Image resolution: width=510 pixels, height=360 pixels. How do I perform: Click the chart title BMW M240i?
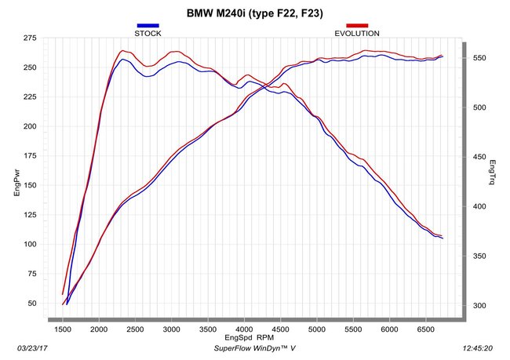[x=217, y=13]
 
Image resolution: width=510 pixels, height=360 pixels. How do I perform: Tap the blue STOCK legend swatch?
[x=148, y=25]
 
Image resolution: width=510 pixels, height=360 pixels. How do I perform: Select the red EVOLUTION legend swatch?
[x=357, y=25]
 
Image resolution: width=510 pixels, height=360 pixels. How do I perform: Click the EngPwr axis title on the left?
[x=17, y=183]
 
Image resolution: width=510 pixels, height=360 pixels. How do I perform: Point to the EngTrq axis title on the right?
[x=493, y=172]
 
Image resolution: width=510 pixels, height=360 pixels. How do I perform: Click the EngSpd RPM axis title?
[x=250, y=337]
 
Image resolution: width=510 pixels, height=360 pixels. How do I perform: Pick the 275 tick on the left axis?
[x=30, y=38]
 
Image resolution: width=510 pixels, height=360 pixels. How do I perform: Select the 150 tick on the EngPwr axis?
[x=30, y=185]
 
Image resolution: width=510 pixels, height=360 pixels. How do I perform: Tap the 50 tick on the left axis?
[x=32, y=304]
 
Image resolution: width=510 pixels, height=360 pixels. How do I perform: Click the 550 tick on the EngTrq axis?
[x=479, y=58]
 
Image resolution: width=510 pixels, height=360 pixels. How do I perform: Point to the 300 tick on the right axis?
[x=479, y=306]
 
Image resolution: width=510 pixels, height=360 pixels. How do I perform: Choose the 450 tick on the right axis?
[x=479, y=157]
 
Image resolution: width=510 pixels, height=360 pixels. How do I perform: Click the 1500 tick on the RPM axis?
[x=63, y=329]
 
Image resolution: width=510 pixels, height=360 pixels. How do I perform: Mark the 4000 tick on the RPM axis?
[x=244, y=329]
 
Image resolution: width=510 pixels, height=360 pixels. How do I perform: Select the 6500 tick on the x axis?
[x=425, y=329]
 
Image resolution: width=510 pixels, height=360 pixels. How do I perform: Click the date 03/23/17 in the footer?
[x=32, y=348]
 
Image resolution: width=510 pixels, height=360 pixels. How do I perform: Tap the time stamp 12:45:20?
[x=478, y=348]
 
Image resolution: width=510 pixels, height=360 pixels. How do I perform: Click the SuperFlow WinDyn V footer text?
[x=255, y=348]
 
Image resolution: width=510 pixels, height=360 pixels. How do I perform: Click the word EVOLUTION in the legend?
[x=357, y=34]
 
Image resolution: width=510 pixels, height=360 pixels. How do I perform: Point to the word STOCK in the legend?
[x=148, y=34]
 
